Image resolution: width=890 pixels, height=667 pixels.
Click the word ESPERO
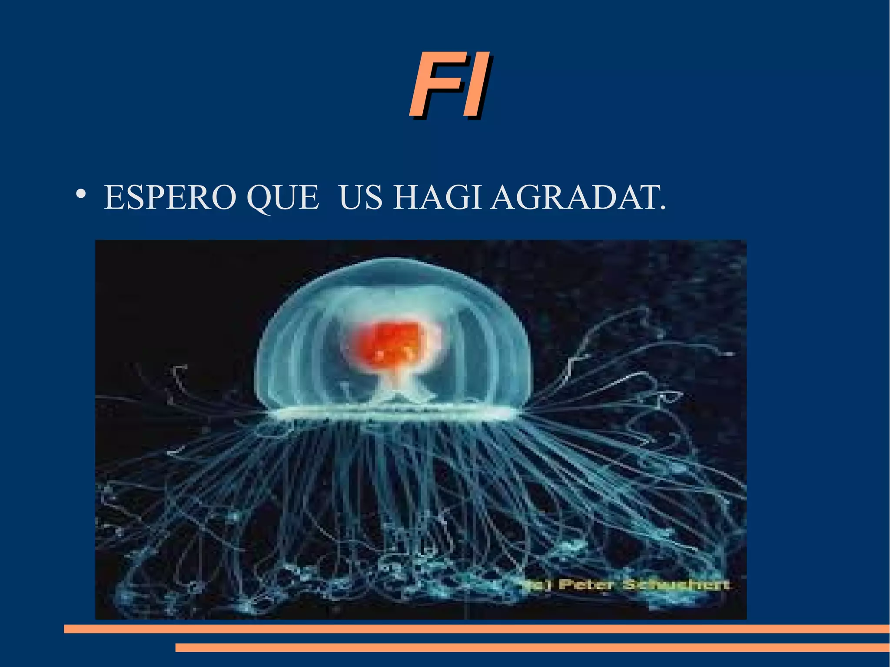pos(170,198)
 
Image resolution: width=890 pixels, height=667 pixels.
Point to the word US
pos(360,198)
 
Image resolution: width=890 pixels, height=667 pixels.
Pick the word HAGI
pos(437,198)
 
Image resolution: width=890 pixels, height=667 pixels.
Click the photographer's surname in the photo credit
pos(676,584)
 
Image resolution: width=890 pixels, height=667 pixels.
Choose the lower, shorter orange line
pos(532,647)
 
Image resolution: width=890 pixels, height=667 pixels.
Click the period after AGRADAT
pos(663,208)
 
